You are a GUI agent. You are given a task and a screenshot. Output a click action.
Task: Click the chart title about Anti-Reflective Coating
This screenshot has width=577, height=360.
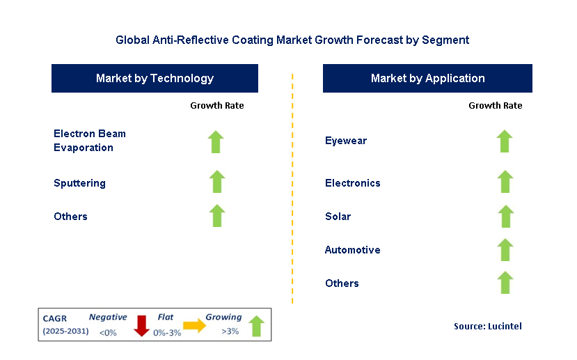pos(292,40)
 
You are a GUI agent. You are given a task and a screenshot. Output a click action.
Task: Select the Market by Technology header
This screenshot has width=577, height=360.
pos(155,78)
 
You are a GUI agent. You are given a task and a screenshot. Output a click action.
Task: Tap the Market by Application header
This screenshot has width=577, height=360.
pos(427,78)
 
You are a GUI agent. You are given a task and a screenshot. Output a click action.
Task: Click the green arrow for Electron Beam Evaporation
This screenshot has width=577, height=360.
pos(216,141)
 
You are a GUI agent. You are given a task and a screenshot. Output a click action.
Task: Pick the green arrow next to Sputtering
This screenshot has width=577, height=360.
pos(217,182)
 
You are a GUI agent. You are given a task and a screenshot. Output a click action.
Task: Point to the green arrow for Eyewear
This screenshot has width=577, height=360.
pos(505,141)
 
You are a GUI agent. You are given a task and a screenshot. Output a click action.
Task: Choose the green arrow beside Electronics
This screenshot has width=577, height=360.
pos(505,182)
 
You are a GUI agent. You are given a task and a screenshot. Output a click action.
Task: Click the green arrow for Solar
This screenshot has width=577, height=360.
pos(505,216)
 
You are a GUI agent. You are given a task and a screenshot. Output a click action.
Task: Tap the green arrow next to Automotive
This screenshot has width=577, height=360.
pos(505,249)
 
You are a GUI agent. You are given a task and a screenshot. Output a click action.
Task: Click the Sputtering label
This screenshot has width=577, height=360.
pos(79,183)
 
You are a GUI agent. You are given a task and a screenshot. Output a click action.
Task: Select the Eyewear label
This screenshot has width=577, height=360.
pos(346,141)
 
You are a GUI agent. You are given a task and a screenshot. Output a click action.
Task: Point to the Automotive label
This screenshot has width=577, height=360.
pos(352,250)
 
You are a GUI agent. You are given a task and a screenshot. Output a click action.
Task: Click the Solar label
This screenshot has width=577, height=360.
pos(338,217)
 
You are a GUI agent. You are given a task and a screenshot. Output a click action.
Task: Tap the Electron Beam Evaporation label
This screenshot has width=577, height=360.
pos(89,141)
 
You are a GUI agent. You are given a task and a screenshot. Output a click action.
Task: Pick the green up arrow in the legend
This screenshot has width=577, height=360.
pos(256,326)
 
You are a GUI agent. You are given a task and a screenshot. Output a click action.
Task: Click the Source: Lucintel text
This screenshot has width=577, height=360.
pos(487,326)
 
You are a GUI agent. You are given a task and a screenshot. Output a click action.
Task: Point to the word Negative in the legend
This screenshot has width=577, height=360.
pos(108,317)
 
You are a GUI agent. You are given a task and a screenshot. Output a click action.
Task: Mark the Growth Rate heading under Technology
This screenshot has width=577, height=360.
pos(217,106)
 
